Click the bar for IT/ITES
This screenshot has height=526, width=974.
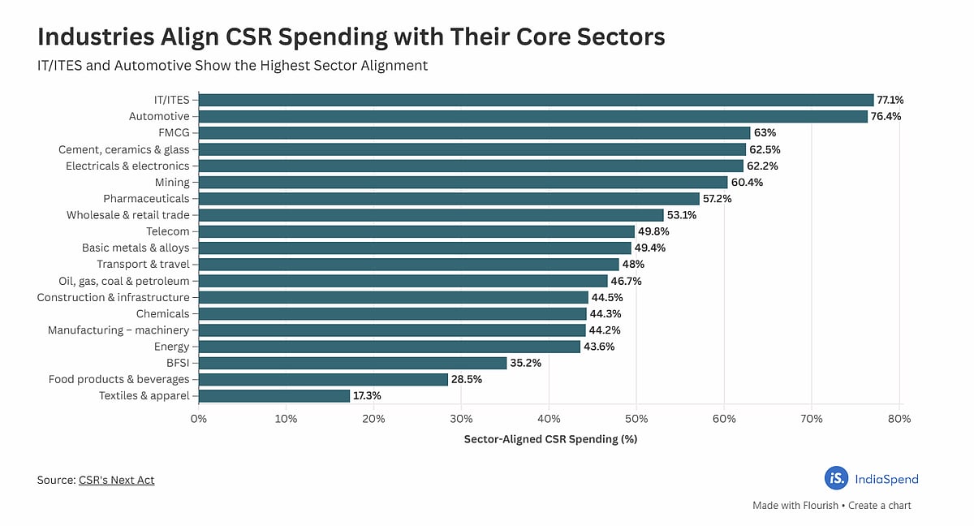pyautogui.click(x=536, y=100)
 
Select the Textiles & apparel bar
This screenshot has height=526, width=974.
pyautogui.click(x=274, y=396)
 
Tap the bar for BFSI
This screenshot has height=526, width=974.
pyautogui.click(x=352, y=363)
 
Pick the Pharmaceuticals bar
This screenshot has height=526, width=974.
pyautogui.click(x=449, y=199)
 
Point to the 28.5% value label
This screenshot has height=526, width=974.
pyautogui.click(x=467, y=380)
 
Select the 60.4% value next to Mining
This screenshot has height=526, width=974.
pyautogui.click(x=747, y=183)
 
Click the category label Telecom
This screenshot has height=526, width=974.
pyautogui.click(x=167, y=231)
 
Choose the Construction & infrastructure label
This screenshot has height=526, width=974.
pyautogui.click(x=113, y=297)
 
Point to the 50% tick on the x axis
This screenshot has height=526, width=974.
pyautogui.click(x=636, y=419)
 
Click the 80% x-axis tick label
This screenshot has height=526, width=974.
pyautogui.click(x=899, y=419)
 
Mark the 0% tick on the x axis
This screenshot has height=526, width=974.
pyautogui.click(x=199, y=419)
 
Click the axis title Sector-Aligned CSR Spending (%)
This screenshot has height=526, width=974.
pyautogui.click(x=549, y=439)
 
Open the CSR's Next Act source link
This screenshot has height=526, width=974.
pyautogui.click(x=116, y=480)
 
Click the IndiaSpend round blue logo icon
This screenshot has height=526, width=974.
pyautogui.click(x=836, y=479)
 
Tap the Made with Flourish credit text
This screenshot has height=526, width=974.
pyautogui.click(x=790, y=505)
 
